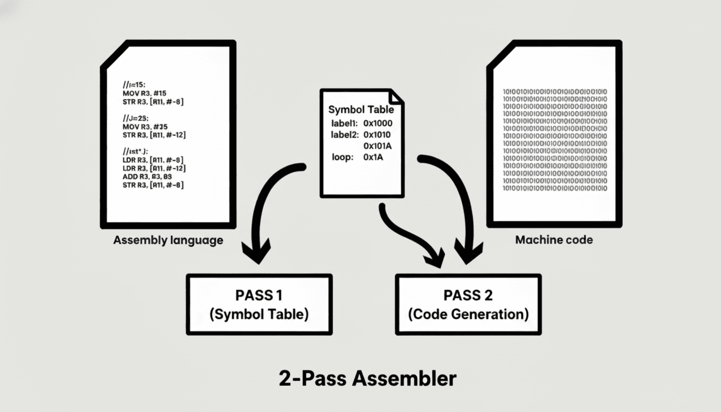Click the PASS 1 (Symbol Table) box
click(259, 304)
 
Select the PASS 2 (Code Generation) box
click(468, 304)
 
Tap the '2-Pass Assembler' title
click(367, 379)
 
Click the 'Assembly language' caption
click(168, 240)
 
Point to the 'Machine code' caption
click(554, 240)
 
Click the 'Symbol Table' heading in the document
click(360, 109)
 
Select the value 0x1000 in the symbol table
click(381, 123)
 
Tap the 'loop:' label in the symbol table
click(342, 157)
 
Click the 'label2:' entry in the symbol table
click(345, 134)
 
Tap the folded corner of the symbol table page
click(396, 96)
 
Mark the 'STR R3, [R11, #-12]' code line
click(154, 135)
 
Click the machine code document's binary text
click(554, 139)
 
